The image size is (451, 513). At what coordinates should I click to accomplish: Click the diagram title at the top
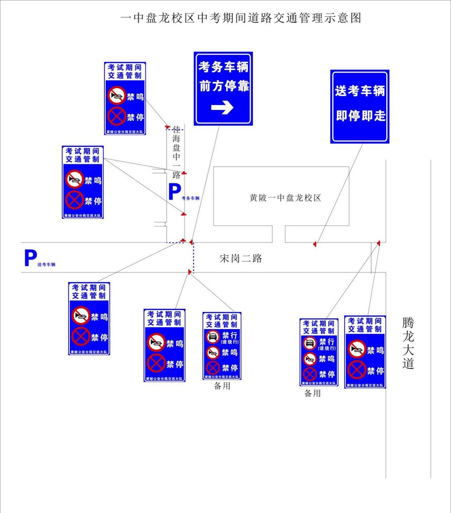coord(241,18)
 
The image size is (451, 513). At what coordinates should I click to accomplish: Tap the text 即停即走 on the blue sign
coord(360,115)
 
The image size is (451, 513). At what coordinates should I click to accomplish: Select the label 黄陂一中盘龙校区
coord(285,198)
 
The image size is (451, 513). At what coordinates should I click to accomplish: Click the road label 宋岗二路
coord(241,258)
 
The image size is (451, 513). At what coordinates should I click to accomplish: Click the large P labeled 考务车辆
coord(174,192)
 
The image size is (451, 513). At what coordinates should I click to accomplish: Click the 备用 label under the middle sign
coord(222,386)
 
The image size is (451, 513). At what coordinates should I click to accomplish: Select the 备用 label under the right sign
coord(312,393)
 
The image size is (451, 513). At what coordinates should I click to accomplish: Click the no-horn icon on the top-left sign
coord(117,96)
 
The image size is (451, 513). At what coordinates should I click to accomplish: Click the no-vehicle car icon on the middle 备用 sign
coord(213,337)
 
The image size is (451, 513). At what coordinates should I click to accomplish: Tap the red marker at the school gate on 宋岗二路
coord(315,244)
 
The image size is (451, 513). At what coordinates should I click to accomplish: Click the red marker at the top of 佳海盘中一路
coord(168,127)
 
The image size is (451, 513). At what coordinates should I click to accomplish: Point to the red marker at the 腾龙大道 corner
coord(378,243)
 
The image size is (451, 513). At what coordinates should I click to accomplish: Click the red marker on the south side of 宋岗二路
coord(190,271)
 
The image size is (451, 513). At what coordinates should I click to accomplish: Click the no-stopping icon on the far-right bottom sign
coord(356,370)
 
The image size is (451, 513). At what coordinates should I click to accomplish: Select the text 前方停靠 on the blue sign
coord(224,86)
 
